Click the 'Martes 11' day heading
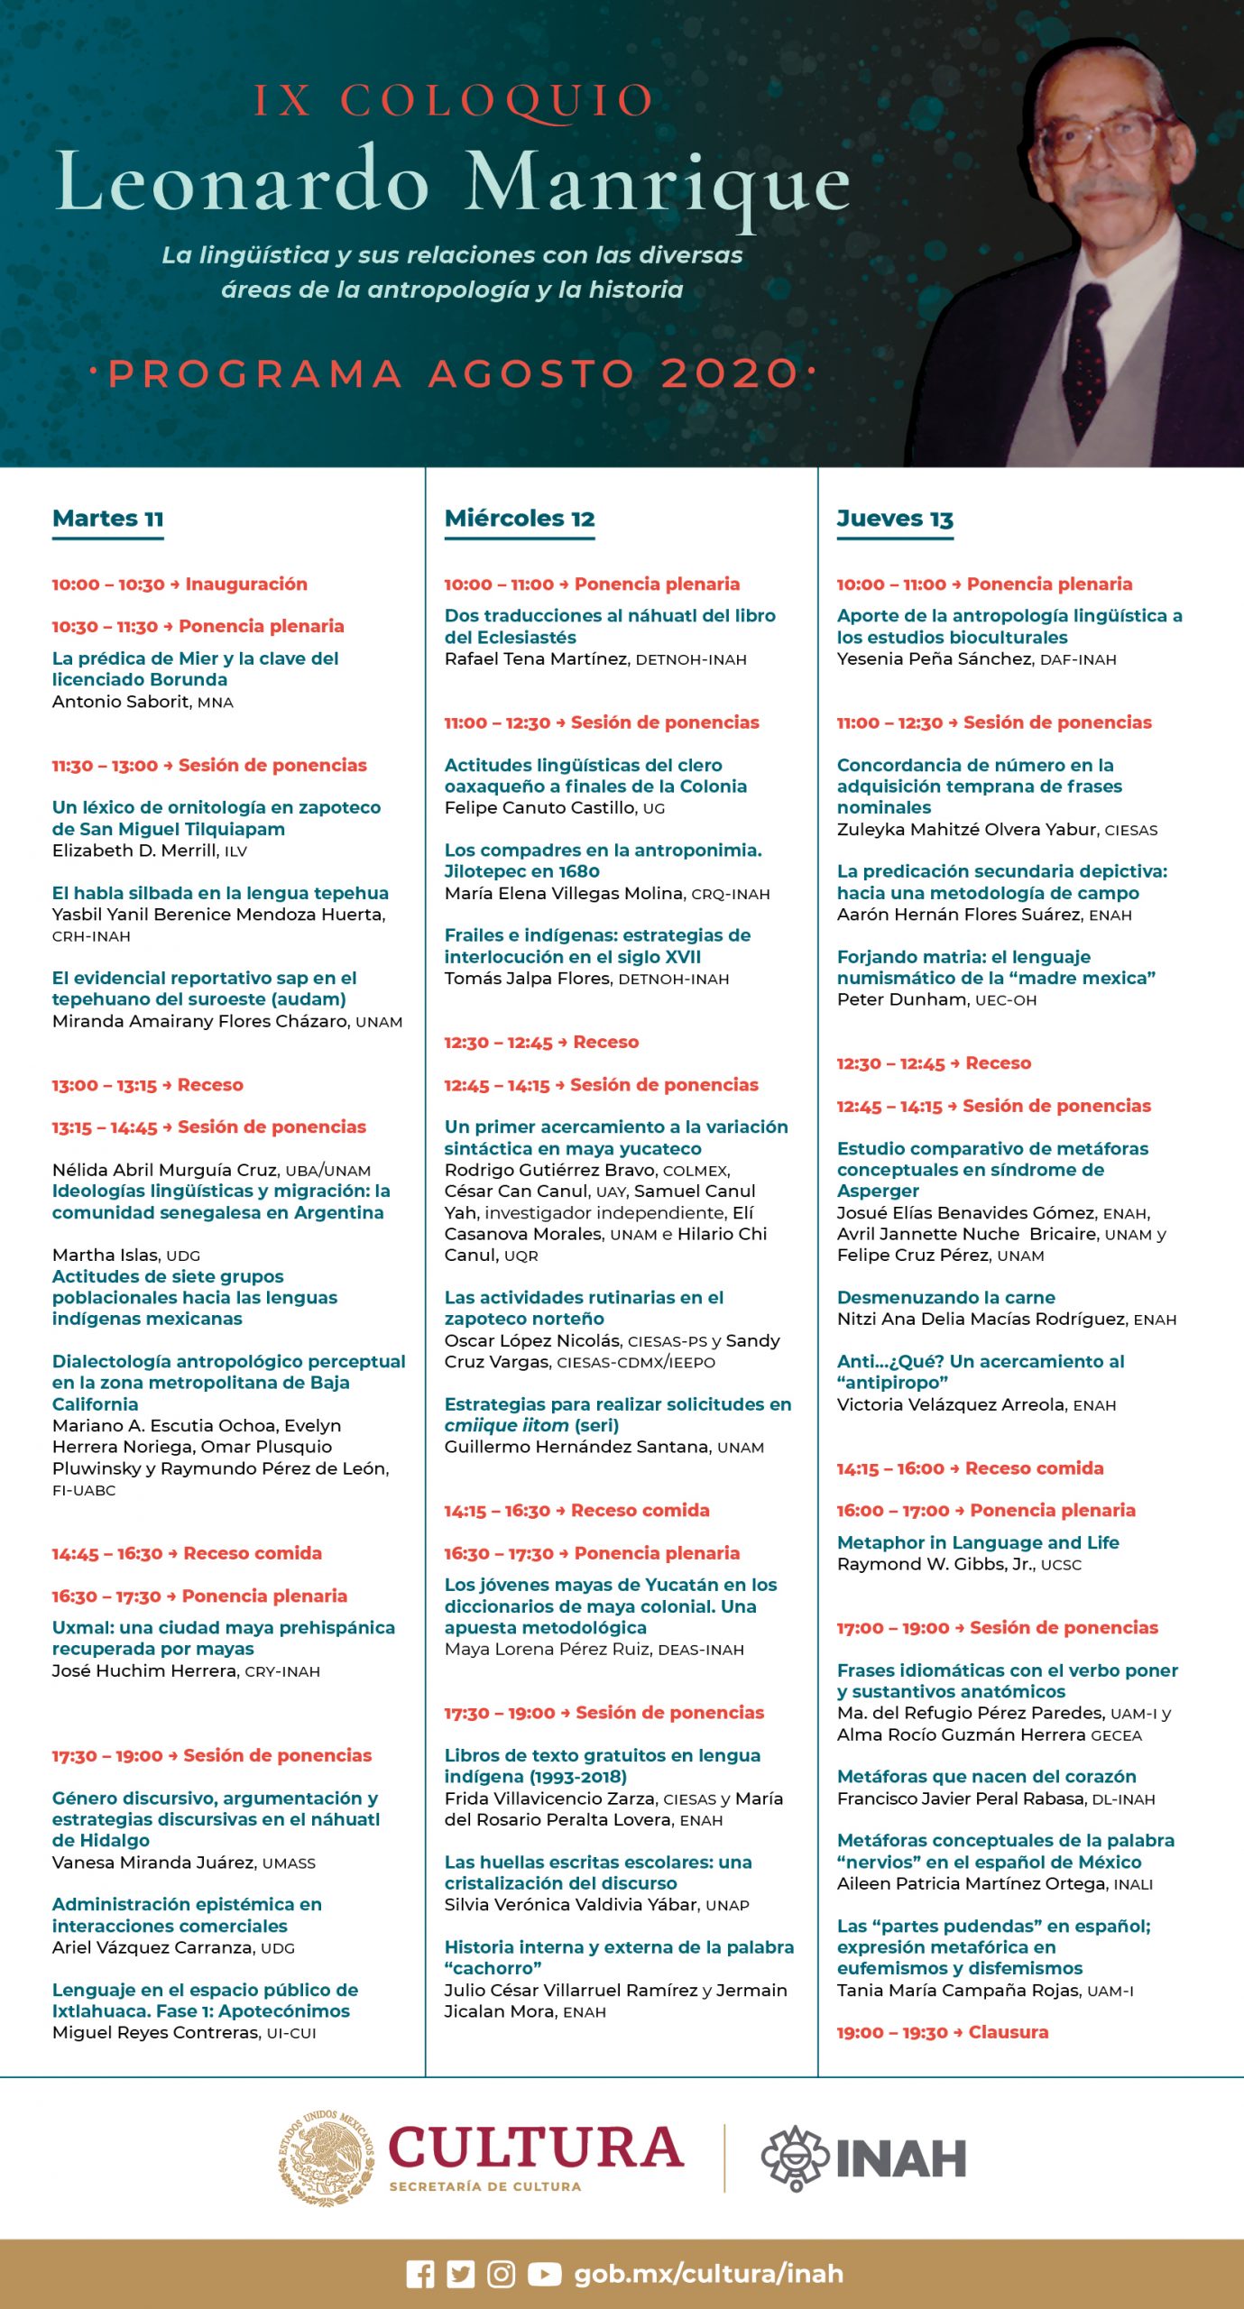click(x=108, y=519)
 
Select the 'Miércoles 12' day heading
click(x=520, y=519)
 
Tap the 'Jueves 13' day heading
click(x=895, y=519)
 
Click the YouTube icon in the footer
click(x=544, y=2274)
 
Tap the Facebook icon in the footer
click(x=420, y=2274)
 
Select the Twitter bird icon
click(x=461, y=2274)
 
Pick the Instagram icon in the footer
click(x=502, y=2274)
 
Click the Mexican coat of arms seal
click(x=326, y=2157)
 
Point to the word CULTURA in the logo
click(x=536, y=2148)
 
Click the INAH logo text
click(x=900, y=2158)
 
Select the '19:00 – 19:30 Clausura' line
click(x=943, y=2032)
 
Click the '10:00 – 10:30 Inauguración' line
click(x=180, y=584)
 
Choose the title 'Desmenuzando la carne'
click(x=946, y=1297)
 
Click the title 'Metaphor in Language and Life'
click(x=978, y=1542)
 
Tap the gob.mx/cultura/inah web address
click(x=709, y=2274)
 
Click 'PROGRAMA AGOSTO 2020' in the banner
click(x=453, y=373)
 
